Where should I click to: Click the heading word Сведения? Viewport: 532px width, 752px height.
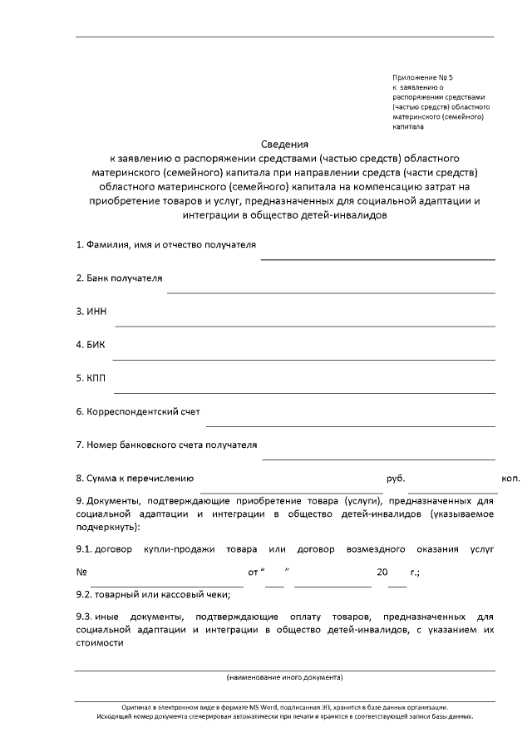[285, 143]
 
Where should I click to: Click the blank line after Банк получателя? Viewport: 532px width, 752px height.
[331, 292]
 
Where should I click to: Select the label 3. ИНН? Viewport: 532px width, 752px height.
[91, 312]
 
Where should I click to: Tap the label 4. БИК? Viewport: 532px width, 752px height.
[91, 345]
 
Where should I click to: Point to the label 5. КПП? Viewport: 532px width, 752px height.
[91, 378]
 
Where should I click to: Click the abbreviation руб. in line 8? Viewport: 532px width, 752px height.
[396, 479]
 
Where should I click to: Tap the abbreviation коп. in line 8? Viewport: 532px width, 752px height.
[510, 479]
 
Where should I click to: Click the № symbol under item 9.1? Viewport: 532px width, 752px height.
[81, 573]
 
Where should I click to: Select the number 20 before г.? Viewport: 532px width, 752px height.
[382, 573]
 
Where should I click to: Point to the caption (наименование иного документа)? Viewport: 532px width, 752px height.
[285, 677]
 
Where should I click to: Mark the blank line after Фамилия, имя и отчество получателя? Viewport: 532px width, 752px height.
[377, 258]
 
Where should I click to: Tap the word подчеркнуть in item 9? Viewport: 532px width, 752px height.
[106, 527]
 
